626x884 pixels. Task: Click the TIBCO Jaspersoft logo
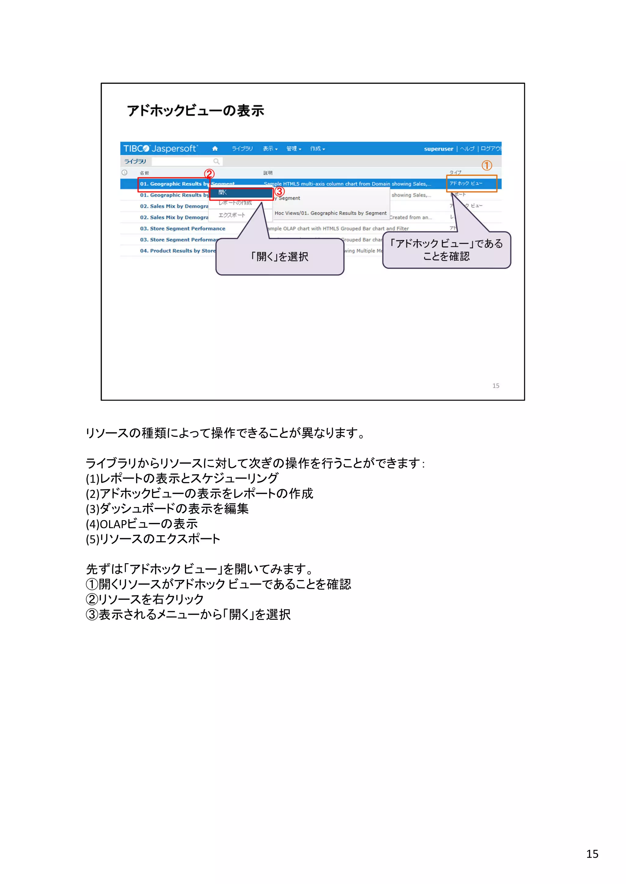tap(160, 149)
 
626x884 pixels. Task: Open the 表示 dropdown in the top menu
tap(270, 149)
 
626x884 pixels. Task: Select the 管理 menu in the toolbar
tap(293, 149)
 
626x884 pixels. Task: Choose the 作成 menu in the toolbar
tap(317, 149)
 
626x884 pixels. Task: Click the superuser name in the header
tap(438, 149)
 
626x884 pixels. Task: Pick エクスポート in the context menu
tap(232, 215)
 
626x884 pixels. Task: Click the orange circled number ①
tap(486, 165)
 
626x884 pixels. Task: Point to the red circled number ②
tap(209, 174)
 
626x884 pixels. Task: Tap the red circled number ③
tap(279, 191)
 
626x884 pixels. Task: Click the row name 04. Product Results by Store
tap(178, 251)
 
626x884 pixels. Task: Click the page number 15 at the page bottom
tap(592, 854)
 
